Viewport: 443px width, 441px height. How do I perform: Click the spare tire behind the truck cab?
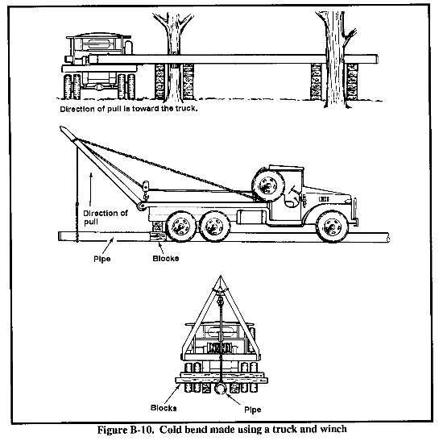[x=268, y=186]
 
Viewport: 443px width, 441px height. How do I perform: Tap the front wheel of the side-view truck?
[x=332, y=227]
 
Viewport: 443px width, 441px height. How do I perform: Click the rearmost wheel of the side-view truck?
[x=180, y=227]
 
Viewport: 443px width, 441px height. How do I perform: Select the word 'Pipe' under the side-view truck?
[x=102, y=259]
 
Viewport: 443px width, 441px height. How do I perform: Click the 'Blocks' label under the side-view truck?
[x=166, y=259]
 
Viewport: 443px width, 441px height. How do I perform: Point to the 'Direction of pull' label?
[x=105, y=217]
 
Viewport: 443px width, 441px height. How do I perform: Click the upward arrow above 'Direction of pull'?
[x=91, y=189]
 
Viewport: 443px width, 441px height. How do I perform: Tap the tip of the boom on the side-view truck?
[x=60, y=127]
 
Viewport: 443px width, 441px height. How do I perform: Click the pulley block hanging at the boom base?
[x=146, y=188]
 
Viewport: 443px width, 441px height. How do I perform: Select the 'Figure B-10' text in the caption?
[x=126, y=430]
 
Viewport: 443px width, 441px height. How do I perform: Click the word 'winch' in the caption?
[x=333, y=430]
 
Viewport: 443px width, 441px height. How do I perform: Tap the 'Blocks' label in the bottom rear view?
[x=164, y=408]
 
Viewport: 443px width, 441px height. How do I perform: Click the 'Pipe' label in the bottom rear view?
[x=253, y=410]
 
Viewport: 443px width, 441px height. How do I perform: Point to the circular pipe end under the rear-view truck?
[x=221, y=389]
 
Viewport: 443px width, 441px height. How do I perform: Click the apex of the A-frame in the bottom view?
[x=221, y=277]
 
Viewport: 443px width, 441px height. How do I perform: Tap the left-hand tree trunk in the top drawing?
[x=173, y=56]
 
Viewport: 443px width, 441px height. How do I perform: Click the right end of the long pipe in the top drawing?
[x=377, y=59]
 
